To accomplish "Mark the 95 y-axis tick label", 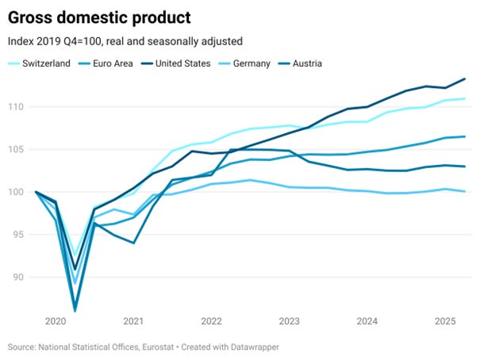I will [17, 235].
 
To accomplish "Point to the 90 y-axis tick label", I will [17, 278].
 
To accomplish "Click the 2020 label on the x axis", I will [56, 321].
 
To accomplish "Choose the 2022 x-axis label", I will [211, 321].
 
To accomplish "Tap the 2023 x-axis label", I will [289, 321].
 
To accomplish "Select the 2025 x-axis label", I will [444, 321].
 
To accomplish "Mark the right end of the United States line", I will [464, 79].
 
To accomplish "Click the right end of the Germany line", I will [464, 191].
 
